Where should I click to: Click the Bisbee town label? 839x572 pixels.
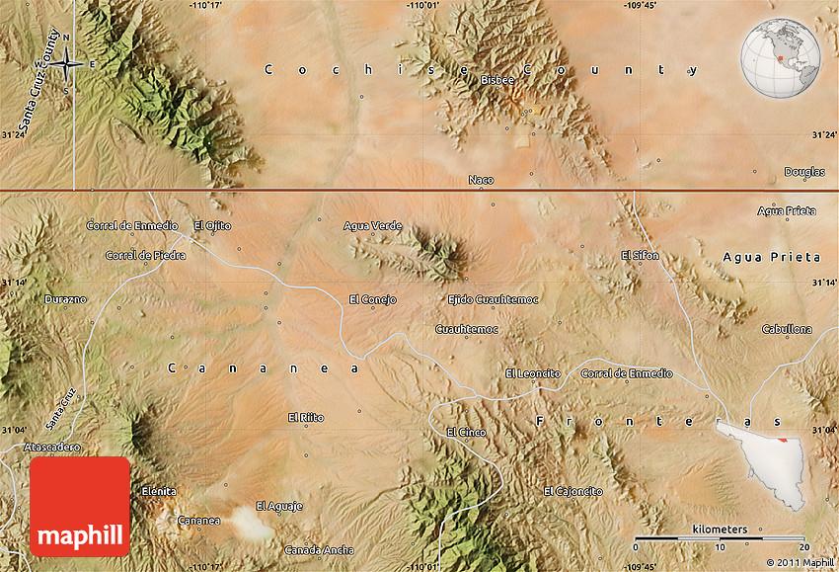[498, 79]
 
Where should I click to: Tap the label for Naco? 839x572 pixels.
[481, 180]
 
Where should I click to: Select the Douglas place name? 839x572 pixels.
[804, 172]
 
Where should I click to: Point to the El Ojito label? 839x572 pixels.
[212, 225]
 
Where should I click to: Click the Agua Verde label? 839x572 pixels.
[373, 225]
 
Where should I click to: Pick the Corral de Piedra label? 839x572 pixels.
[145, 255]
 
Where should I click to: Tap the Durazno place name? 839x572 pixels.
[66, 298]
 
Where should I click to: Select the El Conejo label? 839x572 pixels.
[372, 298]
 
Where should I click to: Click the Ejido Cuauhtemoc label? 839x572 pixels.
[493, 298]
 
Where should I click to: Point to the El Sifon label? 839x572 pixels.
[640, 255]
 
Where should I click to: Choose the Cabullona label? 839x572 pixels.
[788, 329]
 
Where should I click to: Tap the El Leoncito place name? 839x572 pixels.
[533, 373]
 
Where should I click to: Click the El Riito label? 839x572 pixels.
[306, 417]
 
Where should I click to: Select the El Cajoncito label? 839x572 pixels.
[573, 491]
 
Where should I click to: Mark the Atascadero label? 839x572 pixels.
[52, 447]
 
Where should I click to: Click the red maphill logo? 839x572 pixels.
[80, 506]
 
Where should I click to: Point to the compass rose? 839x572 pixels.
[66, 64]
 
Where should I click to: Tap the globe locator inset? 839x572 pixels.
[781, 59]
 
